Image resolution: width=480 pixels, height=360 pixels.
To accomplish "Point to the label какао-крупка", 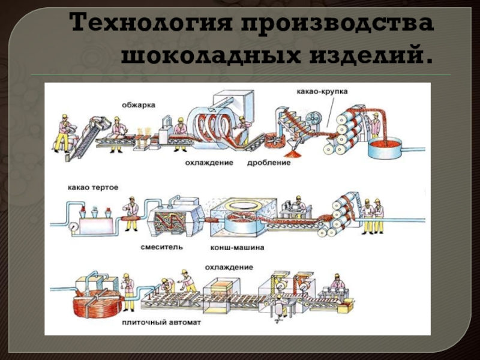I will click(322, 92).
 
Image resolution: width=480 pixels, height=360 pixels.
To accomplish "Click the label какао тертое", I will click(94, 187).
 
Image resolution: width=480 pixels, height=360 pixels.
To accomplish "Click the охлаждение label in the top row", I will click(209, 163).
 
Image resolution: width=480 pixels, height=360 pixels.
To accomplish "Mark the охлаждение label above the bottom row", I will click(229, 267).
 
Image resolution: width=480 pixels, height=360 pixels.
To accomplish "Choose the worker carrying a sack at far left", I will click(64, 133).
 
